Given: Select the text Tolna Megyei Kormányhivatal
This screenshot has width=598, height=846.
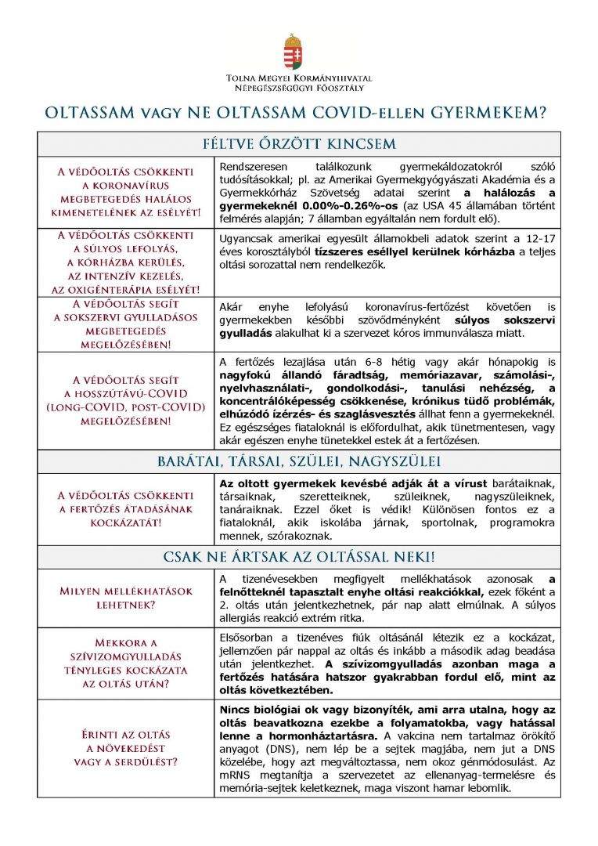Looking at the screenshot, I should [298, 78].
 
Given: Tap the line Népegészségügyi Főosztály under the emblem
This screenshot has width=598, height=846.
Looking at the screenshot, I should [298, 89].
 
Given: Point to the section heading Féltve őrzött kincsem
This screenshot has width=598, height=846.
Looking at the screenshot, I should [299, 144].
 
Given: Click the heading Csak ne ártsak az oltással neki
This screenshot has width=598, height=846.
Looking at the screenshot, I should [299, 558].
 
